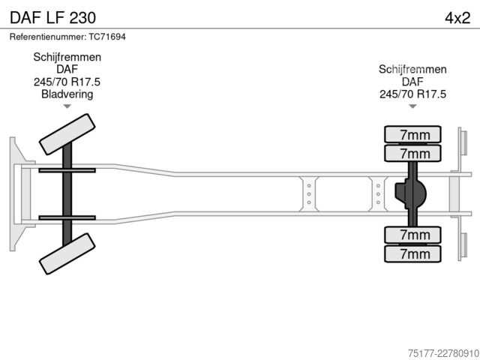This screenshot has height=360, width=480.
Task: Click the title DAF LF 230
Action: [52, 18]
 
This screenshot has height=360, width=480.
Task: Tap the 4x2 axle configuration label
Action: [457, 18]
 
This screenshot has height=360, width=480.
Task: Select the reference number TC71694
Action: [107, 37]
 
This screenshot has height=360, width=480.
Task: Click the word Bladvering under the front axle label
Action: [67, 94]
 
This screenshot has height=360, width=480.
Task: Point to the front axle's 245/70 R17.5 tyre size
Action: [67, 82]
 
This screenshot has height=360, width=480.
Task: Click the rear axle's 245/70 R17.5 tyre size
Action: [412, 94]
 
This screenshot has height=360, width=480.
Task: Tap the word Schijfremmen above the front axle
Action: [67, 57]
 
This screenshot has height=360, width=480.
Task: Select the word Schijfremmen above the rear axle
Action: [412, 70]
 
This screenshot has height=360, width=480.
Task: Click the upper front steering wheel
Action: [67, 134]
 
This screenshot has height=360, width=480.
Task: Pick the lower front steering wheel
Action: [67, 253]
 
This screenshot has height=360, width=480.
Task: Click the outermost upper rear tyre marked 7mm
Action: [412, 134]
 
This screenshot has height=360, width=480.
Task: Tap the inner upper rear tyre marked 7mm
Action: [412, 153]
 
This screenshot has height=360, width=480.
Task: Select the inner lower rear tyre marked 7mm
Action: [412, 235]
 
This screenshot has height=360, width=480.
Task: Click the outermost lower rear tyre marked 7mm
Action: [412, 253]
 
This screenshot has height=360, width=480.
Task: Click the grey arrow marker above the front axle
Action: [67, 106]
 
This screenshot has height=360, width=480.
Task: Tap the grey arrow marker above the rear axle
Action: [412, 106]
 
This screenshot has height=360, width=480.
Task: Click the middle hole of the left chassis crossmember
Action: [309, 194]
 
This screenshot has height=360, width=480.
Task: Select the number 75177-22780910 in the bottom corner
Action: [443, 353]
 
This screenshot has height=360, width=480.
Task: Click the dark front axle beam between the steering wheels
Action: [67, 193]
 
